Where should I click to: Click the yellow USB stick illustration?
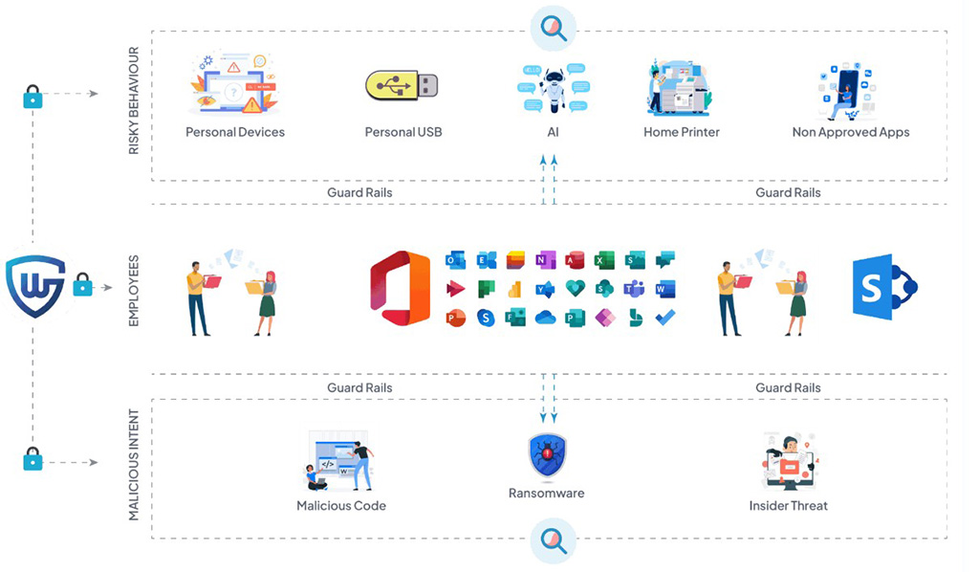tap(402, 86)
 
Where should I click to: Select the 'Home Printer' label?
tap(681, 132)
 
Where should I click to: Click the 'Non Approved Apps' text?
tap(850, 132)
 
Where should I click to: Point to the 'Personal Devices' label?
tap(235, 132)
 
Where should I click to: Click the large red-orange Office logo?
tap(400, 287)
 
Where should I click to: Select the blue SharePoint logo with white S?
tap(883, 287)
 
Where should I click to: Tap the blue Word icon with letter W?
tap(665, 288)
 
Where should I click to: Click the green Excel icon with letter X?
tap(603, 260)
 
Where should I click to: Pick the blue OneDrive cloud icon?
tap(545, 318)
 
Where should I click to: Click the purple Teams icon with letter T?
tap(634, 288)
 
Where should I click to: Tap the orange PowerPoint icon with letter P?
tap(455, 318)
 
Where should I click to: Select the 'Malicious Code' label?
tap(341, 505)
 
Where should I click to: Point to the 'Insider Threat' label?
tap(788, 505)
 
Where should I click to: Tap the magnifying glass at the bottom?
tap(553, 541)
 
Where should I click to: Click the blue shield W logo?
tap(35, 285)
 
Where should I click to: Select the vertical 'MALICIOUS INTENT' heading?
tap(134, 465)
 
